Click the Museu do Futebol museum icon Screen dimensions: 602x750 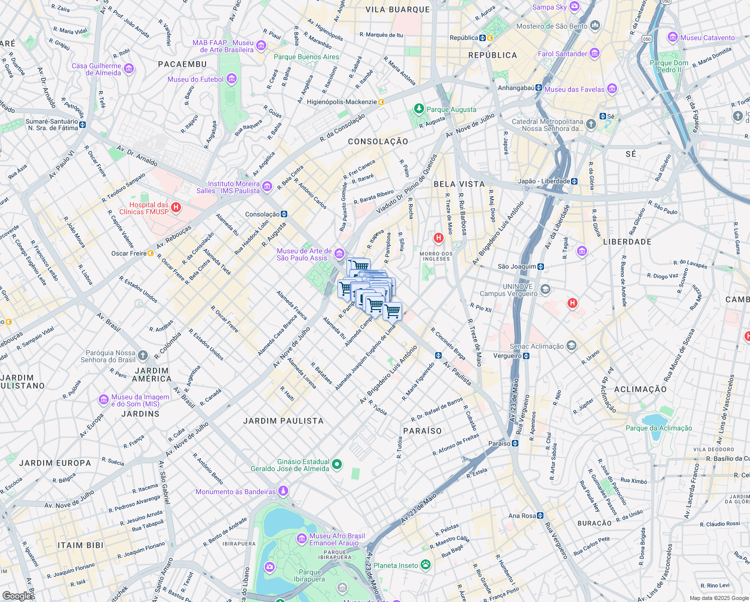coord(231,79)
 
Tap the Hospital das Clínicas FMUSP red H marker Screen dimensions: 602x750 coord(175,207)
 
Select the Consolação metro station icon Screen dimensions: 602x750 coord(284,214)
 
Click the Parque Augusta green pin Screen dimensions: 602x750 coord(419,109)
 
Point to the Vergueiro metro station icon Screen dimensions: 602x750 coord(526,356)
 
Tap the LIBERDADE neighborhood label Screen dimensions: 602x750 coord(627,242)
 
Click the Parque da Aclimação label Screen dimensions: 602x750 coord(658,428)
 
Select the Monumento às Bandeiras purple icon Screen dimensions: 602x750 coord(283,491)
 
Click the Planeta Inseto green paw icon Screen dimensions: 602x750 coord(425,565)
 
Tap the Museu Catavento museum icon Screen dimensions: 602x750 coord(672,38)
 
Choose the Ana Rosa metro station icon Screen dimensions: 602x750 coord(540,515)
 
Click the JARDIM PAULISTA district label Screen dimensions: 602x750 coord(283,421)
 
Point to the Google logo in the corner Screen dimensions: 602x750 coord(17,595)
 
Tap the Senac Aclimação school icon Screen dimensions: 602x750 coord(571,346)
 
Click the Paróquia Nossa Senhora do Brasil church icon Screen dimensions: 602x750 coord(143,356)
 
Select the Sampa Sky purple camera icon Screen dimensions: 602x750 coord(575,7)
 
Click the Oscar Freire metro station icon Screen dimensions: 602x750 coord(151,253)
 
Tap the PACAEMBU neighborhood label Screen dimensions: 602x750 coord(182,64)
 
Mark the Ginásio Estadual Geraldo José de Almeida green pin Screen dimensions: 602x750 coord(337,465)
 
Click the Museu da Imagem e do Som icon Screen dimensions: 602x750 coord(104,400)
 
